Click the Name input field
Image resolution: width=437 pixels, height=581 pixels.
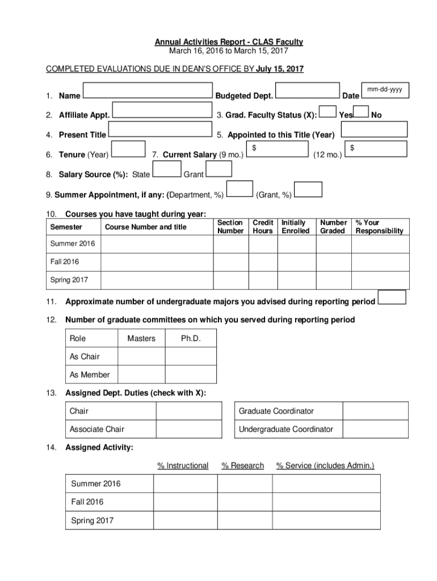coord(147,91)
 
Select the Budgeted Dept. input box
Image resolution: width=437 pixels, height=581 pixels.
coord(308,91)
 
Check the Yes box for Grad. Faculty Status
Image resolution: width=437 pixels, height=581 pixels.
coord(327,113)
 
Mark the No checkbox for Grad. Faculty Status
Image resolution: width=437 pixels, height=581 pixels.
coord(362,113)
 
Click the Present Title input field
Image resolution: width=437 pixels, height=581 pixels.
coord(159,129)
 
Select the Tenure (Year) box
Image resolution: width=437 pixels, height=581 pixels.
coord(129,149)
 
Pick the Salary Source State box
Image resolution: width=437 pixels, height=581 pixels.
coord(167,169)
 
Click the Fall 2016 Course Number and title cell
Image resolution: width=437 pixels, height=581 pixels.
coord(157,262)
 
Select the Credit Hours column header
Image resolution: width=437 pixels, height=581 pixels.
coord(263,227)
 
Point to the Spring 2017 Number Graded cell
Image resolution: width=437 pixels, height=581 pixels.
coord(334,280)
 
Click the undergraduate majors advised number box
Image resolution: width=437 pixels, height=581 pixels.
coord(392,297)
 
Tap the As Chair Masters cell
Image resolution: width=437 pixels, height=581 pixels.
coord(141,357)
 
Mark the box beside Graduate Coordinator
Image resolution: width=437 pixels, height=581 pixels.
coord(375,411)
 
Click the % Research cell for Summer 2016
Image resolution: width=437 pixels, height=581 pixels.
coord(245,484)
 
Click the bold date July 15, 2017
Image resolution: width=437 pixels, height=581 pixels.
coord(280,69)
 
